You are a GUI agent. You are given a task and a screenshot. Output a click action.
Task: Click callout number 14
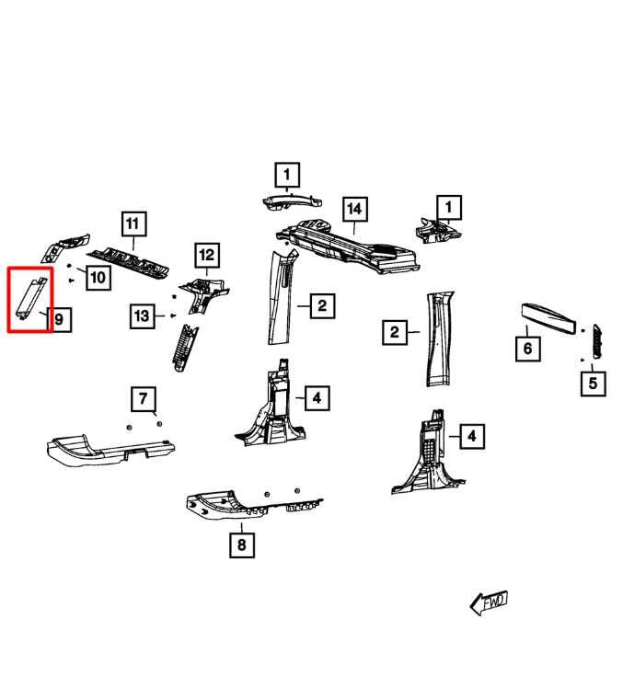point(354,210)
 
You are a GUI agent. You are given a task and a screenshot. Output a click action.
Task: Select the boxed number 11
point(133,223)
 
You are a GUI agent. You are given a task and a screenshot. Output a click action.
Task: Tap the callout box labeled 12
point(207,256)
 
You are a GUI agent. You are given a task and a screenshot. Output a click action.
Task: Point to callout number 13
point(143,316)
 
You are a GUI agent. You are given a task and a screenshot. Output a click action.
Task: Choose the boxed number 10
point(98,277)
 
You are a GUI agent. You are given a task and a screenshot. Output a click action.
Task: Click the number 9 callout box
point(60,319)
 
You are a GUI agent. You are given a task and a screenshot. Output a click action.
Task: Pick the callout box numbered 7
point(144,399)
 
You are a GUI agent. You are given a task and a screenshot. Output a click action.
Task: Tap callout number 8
point(242,544)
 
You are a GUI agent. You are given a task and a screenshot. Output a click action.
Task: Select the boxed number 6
point(528,349)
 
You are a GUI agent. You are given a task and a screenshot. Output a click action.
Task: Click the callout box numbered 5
point(593,384)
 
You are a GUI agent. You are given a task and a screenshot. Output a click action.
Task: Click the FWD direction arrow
point(489,602)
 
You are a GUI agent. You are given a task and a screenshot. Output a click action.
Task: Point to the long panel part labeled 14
point(348,246)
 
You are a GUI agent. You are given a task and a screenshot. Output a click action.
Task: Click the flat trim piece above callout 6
point(548,319)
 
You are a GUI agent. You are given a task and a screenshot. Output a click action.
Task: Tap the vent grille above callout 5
point(597,340)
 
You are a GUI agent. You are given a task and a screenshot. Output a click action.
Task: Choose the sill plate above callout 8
point(254,506)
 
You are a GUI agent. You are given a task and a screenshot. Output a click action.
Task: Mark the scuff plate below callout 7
point(110,451)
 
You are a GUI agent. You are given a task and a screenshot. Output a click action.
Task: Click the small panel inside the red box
point(30,297)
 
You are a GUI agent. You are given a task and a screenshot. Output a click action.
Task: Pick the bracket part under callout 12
point(203,294)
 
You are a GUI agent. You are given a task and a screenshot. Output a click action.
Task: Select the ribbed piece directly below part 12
point(185,348)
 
